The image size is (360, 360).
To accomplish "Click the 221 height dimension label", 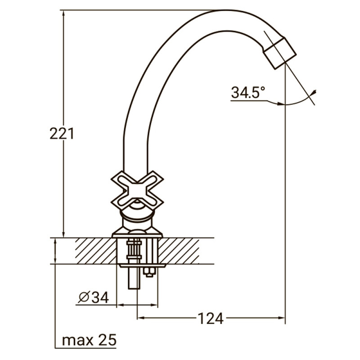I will click(x=61, y=134).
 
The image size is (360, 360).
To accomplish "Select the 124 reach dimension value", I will click(x=211, y=319).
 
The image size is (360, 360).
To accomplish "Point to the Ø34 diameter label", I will click(x=93, y=297).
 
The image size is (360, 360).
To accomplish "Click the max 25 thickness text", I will click(x=89, y=340).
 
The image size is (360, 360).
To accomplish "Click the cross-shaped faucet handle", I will click(x=137, y=189).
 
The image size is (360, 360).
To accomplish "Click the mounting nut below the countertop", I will click(x=148, y=271).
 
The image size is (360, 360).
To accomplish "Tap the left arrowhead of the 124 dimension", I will click(x=140, y=319).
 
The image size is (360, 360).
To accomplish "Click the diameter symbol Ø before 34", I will click(x=84, y=297).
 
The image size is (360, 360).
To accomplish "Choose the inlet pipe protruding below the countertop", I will click(x=134, y=279).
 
